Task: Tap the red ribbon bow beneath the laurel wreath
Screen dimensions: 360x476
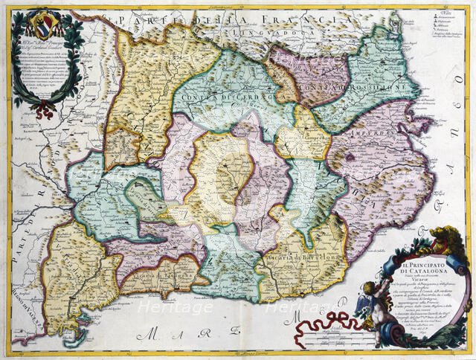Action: click(x=46, y=110)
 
